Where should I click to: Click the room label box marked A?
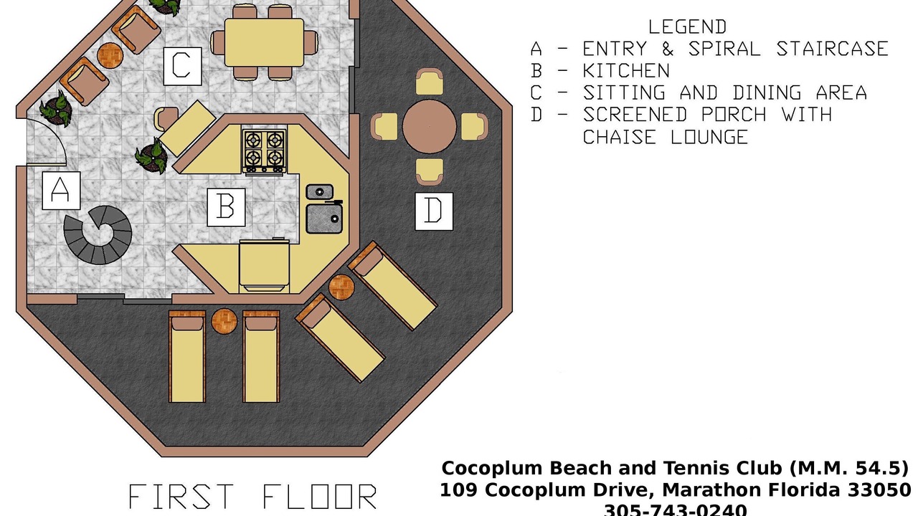click(x=61, y=191)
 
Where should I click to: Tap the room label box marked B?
click(x=226, y=207)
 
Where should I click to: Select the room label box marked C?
click(x=183, y=67)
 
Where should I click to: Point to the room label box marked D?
click(x=434, y=211)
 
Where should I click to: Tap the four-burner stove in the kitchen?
click(x=264, y=151)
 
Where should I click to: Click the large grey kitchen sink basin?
click(x=324, y=219)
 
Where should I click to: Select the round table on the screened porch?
click(x=429, y=127)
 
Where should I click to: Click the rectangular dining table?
click(x=265, y=42)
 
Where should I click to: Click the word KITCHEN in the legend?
click(x=626, y=71)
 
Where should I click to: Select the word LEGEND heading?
click(x=687, y=27)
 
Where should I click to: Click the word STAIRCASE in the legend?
click(x=832, y=49)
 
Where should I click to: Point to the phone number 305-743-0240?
click(x=676, y=510)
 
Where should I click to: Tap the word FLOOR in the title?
click(x=320, y=497)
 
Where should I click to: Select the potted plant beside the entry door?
click(x=56, y=109)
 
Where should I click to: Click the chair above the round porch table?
click(x=429, y=82)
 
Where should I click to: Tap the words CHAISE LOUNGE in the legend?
click(x=666, y=137)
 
